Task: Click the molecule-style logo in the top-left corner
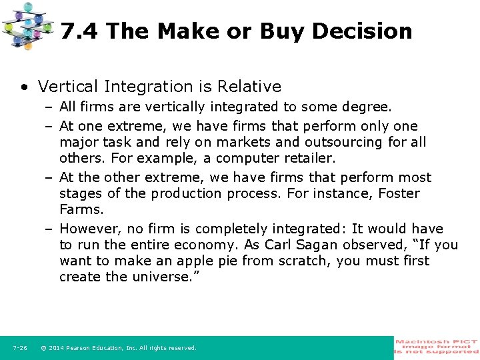pyautogui.click(x=27, y=25)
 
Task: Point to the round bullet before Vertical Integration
pyautogui.click(x=25, y=87)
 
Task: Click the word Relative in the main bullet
pyautogui.click(x=250, y=87)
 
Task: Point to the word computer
pyautogui.click(x=246, y=158)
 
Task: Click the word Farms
pyautogui.click(x=81, y=209)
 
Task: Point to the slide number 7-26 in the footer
pyautogui.click(x=20, y=348)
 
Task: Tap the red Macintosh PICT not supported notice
pyautogui.click(x=437, y=347)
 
